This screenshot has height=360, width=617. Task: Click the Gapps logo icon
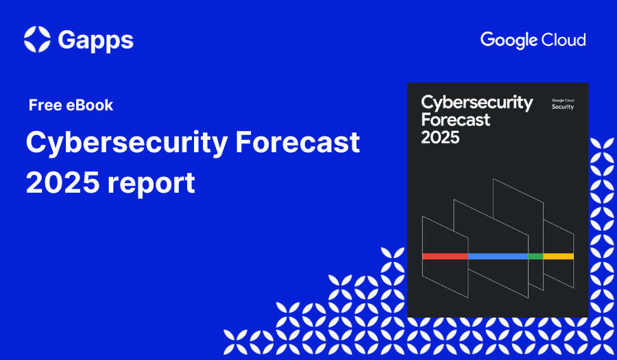pyautogui.click(x=37, y=39)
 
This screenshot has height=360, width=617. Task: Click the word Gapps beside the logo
pyautogui.click(x=95, y=40)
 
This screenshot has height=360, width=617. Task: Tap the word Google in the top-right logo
pyautogui.click(x=506, y=40)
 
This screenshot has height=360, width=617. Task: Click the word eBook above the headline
pyautogui.click(x=90, y=106)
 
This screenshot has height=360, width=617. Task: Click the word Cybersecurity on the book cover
pyautogui.click(x=476, y=103)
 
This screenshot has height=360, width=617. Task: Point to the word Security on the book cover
pyautogui.click(x=563, y=107)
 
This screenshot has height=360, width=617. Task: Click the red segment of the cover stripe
pyautogui.click(x=445, y=256)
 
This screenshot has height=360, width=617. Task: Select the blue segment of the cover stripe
pyautogui.click(x=498, y=256)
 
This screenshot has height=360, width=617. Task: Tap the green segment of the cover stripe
pyautogui.click(x=535, y=256)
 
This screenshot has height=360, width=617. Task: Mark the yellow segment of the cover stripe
pyautogui.click(x=558, y=256)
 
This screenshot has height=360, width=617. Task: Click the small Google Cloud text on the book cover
pyautogui.click(x=563, y=100)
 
